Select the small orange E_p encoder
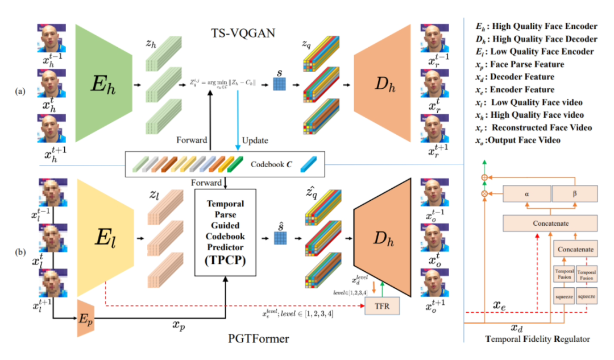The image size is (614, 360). coord(86,326)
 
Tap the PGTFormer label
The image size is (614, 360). coord(261,340)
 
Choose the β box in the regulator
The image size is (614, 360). coord(574,193)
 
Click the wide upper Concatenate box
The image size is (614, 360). coord(551,223)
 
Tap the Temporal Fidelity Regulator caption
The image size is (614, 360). coord(537,340)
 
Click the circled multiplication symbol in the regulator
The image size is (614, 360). coord(484,194)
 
